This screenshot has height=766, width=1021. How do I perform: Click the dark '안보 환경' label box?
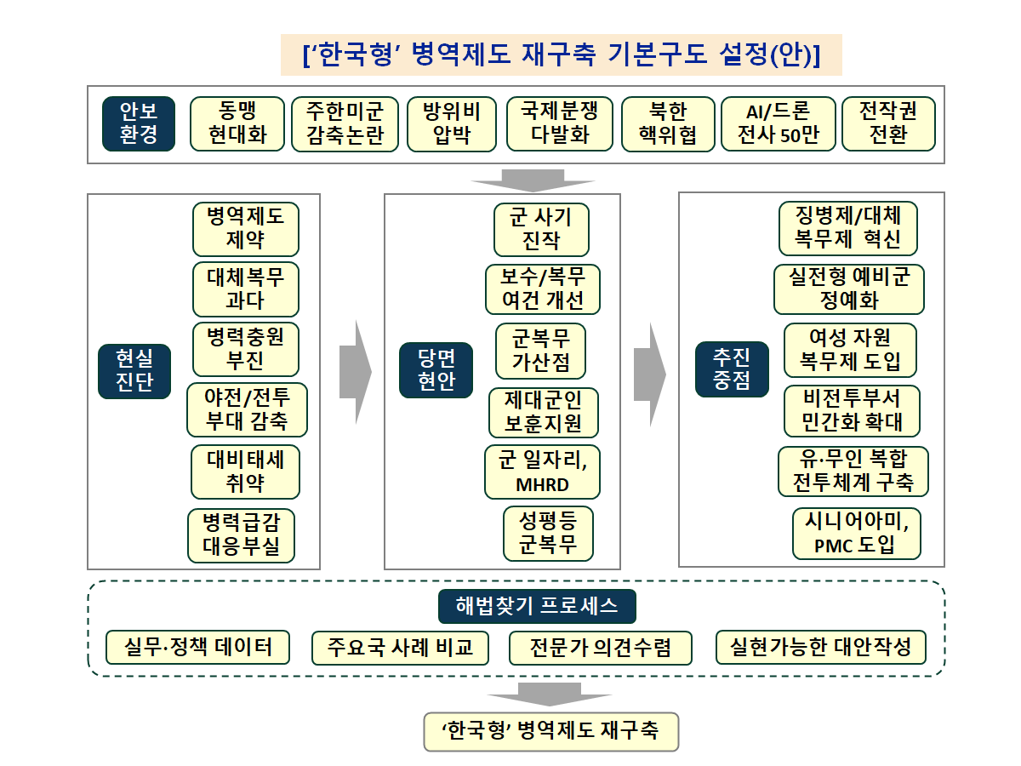139,124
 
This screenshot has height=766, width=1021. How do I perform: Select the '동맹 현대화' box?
237,124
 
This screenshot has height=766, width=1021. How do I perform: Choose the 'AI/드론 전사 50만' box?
778,124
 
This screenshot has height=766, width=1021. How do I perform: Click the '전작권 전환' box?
888,124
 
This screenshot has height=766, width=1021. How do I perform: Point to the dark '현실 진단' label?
134,371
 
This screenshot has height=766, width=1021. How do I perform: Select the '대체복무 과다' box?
246,289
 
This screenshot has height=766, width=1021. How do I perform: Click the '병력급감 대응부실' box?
241,535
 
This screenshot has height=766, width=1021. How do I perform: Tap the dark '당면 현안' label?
436,370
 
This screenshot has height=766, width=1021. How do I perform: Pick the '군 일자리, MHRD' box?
542,472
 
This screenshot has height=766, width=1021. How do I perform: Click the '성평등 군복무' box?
548,534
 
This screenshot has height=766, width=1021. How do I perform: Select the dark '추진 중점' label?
732,369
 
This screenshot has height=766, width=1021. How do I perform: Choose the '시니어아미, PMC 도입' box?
856,534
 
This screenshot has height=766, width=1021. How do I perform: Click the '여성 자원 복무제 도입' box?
850,350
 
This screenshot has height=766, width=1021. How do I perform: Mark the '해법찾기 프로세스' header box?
537,606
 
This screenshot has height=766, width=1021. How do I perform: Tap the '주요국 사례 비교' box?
400,648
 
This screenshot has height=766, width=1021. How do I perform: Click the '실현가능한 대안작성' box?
821,648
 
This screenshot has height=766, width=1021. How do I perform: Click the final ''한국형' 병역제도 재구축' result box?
551,731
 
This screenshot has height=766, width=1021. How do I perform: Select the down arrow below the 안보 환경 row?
533,180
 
